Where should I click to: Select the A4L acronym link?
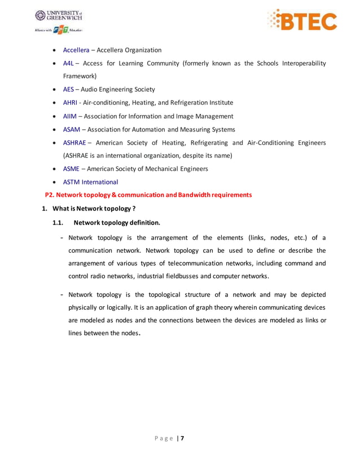[x=68, y=64]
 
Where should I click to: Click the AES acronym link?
[x=68, y=89]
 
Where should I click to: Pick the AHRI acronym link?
[x=69, y=103]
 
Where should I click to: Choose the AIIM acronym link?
[x=69, y=116]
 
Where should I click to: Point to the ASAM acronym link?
[x=71, y=129]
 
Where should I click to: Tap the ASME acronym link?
[x=71, y=169]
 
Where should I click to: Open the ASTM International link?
[x=90, y=182]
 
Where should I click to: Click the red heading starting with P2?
[x=148, y=195]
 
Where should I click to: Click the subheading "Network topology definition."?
[x=117, y=222]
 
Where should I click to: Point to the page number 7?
[x=182, y=438]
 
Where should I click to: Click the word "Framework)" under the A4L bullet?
[x=80, y=76]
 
